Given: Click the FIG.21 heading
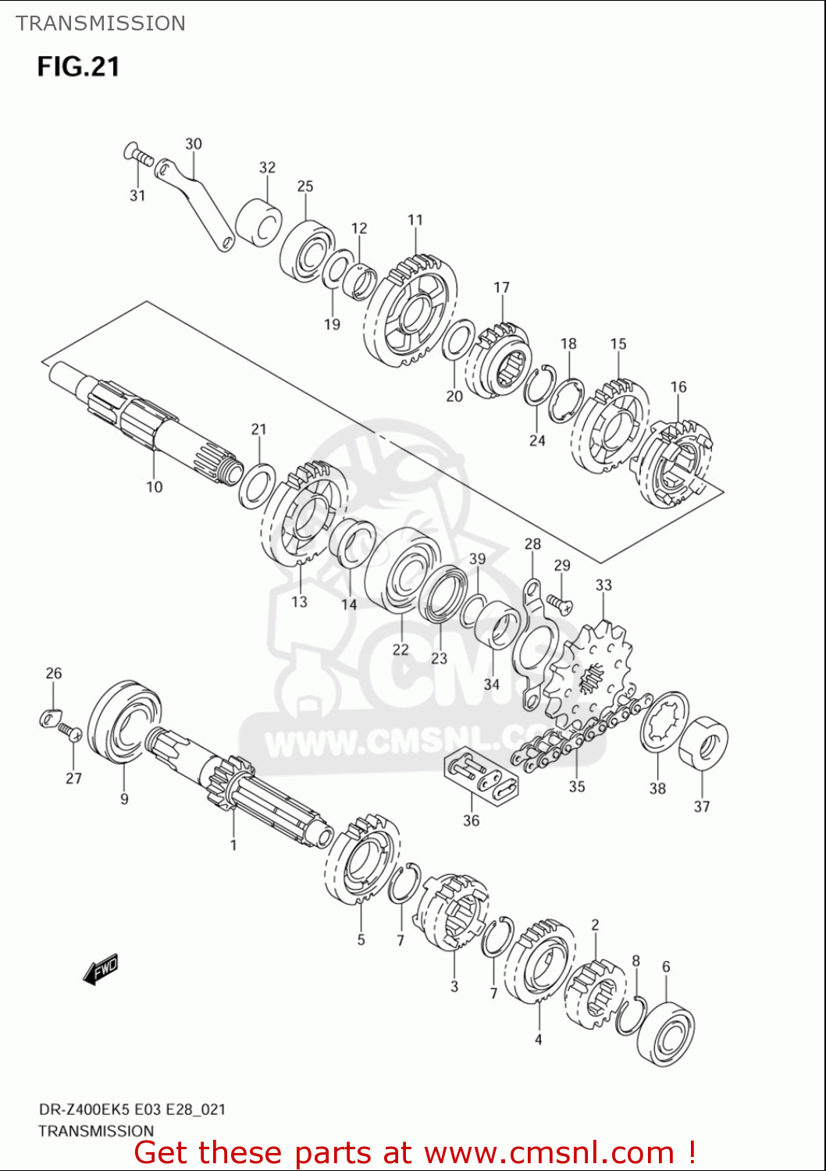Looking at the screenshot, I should pyautogui.click(x=78, y=66).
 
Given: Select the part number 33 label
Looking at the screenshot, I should pyautogui.click(x=603, y=585).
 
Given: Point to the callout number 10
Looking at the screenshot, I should pyautogui.click(x=154, y=487).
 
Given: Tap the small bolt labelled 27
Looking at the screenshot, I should pyautogui.click(x=69, y=732).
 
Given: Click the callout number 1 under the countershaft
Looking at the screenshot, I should pyautogui.click(x=233, y=845).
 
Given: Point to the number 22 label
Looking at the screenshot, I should pyautogui.click(x=400, y=650).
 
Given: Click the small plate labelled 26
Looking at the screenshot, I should pyautogui.click(x=50, y=716).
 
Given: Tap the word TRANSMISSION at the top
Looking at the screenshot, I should pyautogui.click(x=101, y=23).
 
